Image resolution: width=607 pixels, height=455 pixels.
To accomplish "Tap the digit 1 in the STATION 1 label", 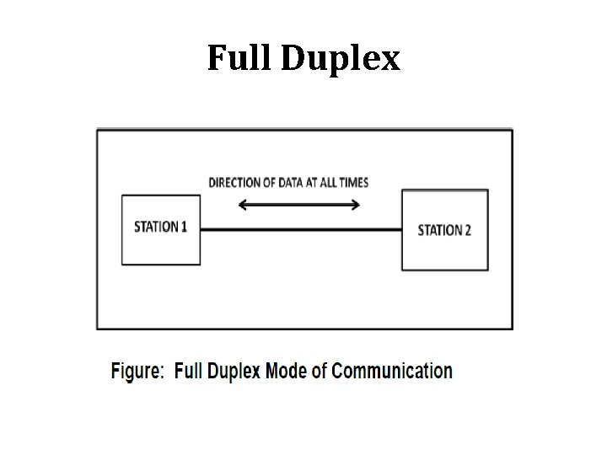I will click(x=183, y=227).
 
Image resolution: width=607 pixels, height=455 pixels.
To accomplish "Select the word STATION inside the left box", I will click(x=156, y=227).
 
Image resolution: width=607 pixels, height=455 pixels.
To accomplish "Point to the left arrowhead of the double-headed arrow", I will click(x=242, y=204).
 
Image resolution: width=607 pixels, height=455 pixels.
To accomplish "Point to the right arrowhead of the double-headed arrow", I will click(x=357, y=204).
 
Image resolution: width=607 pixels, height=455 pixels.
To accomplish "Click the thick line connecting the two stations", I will click(x=300, y=228).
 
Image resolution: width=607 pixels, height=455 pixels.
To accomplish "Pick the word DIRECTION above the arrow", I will click(x=235, y=183).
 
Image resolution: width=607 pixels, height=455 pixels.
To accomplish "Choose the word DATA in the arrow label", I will click(x=290, y=183).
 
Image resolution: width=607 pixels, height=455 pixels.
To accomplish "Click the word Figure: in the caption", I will click(x=138, y=372).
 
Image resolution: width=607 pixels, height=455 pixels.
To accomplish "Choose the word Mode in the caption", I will click(x=287, y=372).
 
